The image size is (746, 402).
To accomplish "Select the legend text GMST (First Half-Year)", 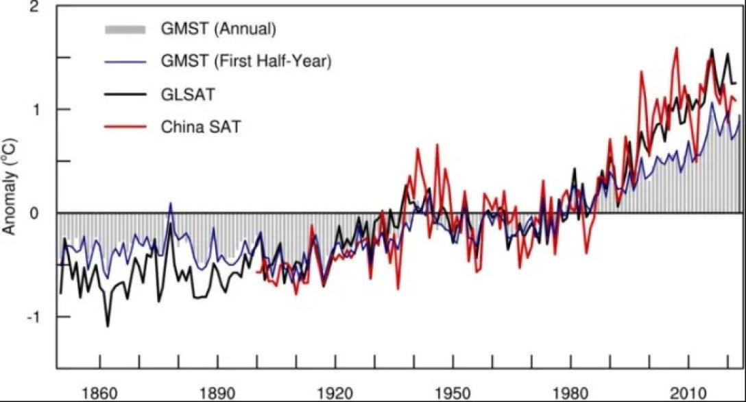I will (247, 62).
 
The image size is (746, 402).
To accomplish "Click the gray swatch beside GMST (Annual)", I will (125, 30).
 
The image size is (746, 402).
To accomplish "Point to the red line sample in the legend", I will (125, 127).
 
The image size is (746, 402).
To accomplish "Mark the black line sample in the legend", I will (125, 95).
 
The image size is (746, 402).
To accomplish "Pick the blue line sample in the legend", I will (125, 62).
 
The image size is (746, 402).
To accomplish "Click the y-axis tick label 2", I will (34, 7).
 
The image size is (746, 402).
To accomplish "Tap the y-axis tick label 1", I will (34, 109).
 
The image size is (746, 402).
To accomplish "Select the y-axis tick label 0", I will (34, 213).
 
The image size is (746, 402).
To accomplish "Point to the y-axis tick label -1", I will (32, 316).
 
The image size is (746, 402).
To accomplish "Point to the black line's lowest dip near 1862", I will (108, 326).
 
